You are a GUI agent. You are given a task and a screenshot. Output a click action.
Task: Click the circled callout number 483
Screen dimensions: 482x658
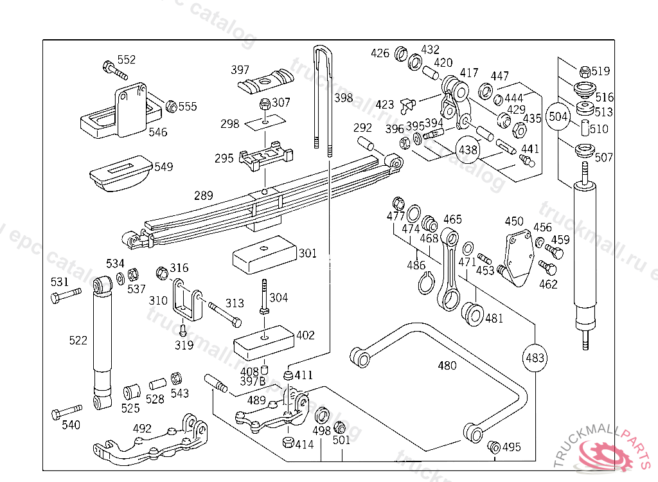(x=535, y=358)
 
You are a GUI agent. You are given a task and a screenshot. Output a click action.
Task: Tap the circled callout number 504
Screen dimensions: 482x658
(x=558, y=117)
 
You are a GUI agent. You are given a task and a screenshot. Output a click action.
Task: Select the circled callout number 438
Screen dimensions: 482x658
(x=468, y=150)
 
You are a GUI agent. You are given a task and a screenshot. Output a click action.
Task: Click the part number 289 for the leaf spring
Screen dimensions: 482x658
(x=203, y=195)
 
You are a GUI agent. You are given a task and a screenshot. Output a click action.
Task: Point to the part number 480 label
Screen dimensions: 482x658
(x=447, y=366)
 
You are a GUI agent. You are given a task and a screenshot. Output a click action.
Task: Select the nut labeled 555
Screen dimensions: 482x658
(x=172, y=106)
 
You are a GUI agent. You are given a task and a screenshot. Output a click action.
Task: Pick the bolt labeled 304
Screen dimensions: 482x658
(x=263, y=297)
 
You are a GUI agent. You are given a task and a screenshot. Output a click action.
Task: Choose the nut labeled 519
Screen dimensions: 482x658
(x=585, y=71)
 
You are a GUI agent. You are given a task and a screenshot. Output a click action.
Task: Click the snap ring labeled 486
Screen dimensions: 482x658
(x=422, y=283)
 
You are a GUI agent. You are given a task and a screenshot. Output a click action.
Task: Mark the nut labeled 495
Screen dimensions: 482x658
(x=494, y=446)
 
